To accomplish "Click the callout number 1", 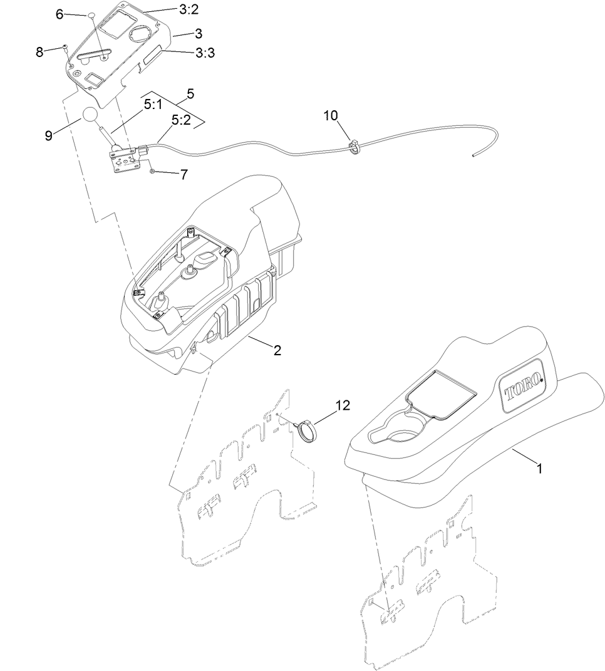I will click(x=537, y=467).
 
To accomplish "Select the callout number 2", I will click(x=277, y=350).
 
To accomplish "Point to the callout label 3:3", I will click(x=204, y=53).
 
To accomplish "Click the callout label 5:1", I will click(x=153, y=106).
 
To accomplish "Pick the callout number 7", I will click(x=184, y=175).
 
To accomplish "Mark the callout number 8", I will click(x=39, y=52).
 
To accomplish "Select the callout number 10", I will click(x=331, y=115).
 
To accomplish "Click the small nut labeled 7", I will click(x=153, y=170).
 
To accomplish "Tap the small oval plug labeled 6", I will click(x=90, y=13).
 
